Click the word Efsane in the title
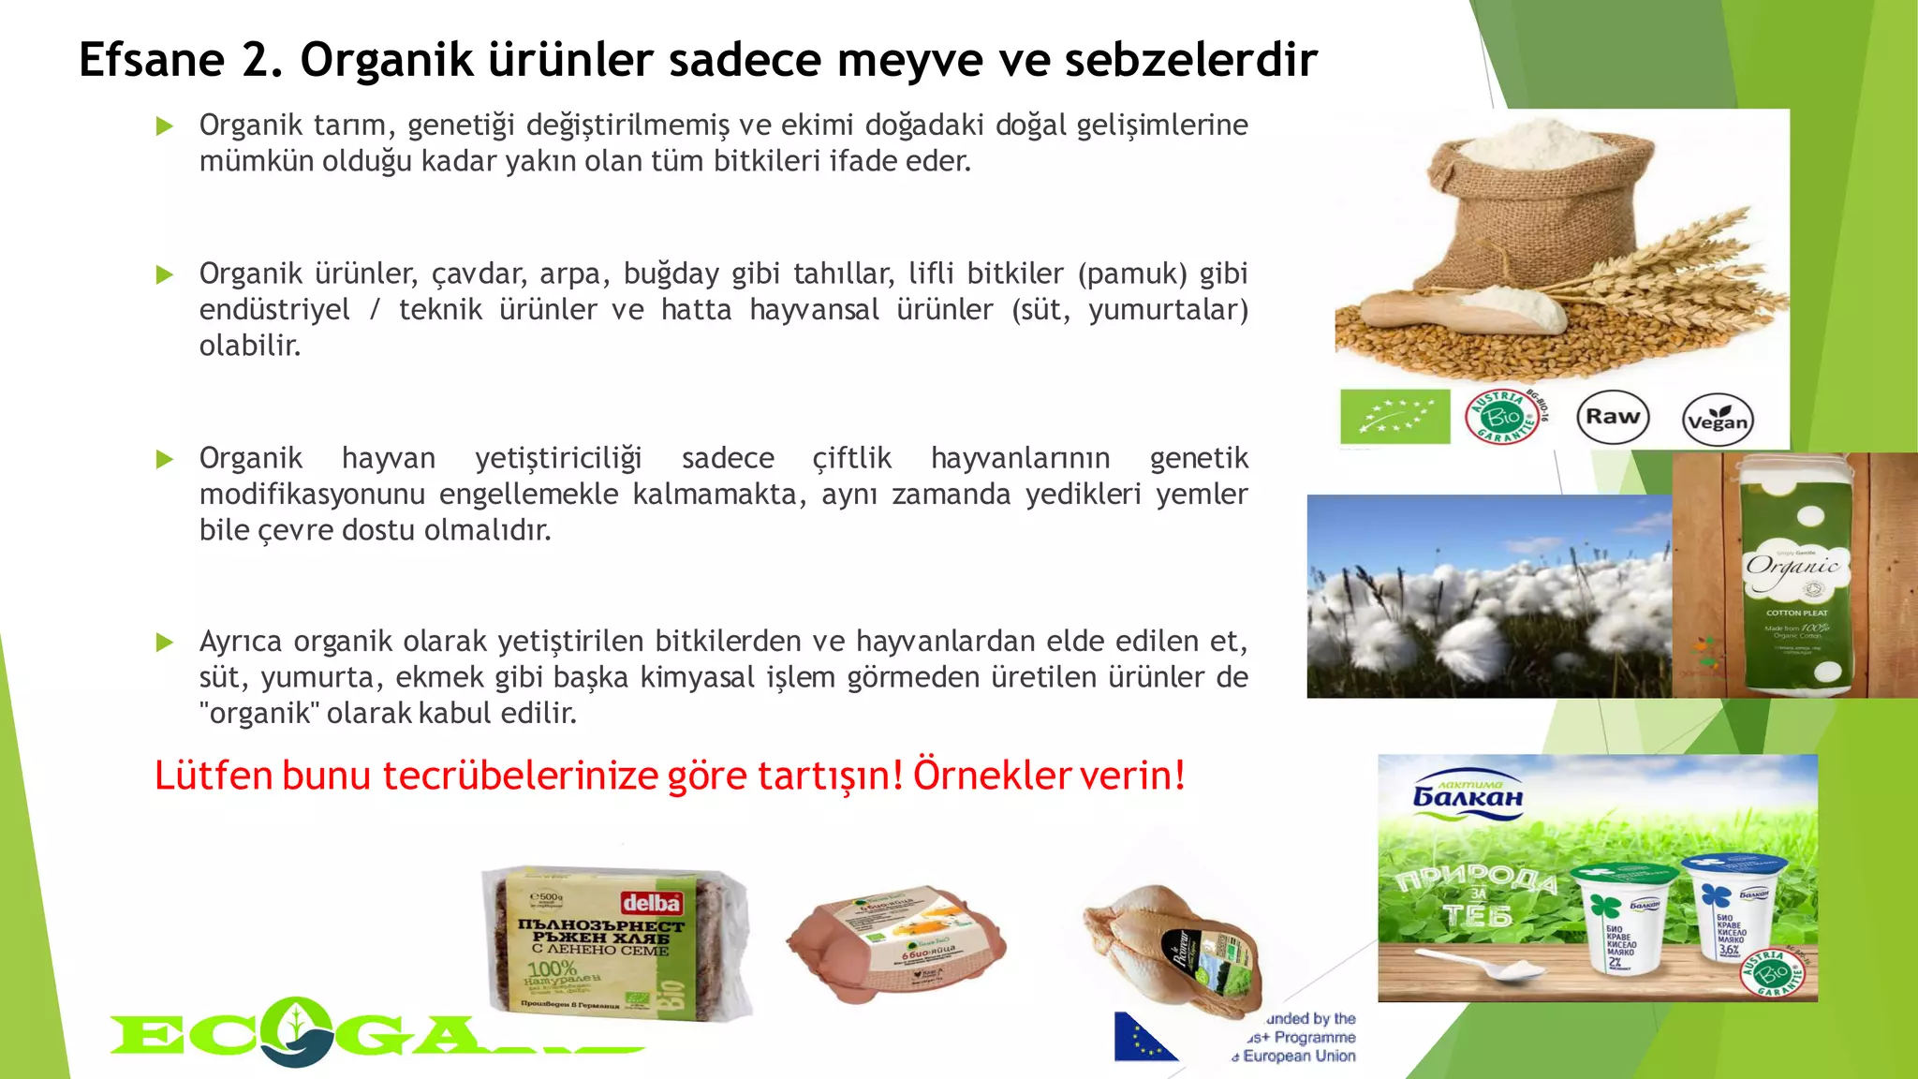(x=151, y=60)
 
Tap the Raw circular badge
(x=1612, y=418)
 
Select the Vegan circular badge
(x=1717, y=420)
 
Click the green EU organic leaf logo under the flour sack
(x=1394, y=416)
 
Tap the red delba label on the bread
(x=651, y=903)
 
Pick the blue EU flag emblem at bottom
(x=1143, y=1037)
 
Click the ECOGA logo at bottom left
(x=375, y=1033)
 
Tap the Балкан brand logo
(x=1467, y=793)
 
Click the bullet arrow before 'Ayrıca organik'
(x=165, y=643)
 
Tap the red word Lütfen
(x=213, y=776)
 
